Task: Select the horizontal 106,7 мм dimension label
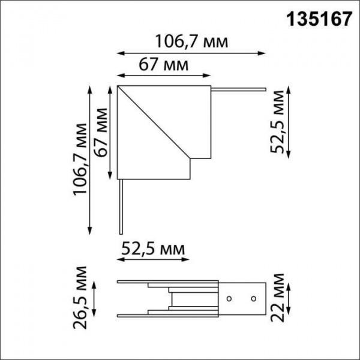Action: [x=192, y=41]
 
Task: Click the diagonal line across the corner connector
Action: [x=156, y=123]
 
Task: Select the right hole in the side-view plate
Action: [x=253, y=298]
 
